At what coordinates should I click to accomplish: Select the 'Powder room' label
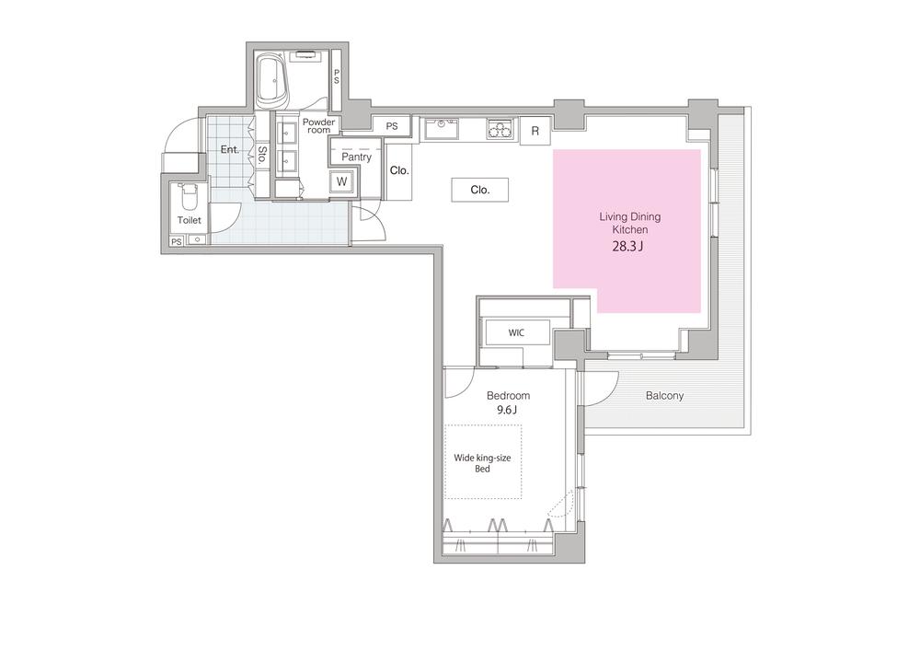[x=318, y=125]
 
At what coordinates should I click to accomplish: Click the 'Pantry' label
[x=356, y=157]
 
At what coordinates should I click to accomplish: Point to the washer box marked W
[x=341, y=182]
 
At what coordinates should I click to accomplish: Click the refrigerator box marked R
[x=535, y=131]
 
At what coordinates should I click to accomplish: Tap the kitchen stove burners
[x=500, y=129]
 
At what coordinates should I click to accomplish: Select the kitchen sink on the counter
[x=442, y=129]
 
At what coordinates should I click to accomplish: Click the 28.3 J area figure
[x=627, y=247]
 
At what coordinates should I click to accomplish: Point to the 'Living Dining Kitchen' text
[x=629, y=223]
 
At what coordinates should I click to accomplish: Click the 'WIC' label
[x=516, y=332]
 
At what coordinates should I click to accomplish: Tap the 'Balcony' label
[x=665, y=396]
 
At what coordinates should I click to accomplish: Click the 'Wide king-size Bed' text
[x=482, y=463]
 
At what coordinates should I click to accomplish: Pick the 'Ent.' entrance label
[x=230, y=150]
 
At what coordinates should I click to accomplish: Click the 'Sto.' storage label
[x=262, y=155]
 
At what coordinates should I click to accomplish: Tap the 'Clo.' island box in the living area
[x=480, y=190]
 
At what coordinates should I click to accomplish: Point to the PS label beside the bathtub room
[x=337, y=77]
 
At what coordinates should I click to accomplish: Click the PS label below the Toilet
[x=177, y=241]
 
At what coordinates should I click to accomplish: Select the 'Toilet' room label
[x=189, y=220]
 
